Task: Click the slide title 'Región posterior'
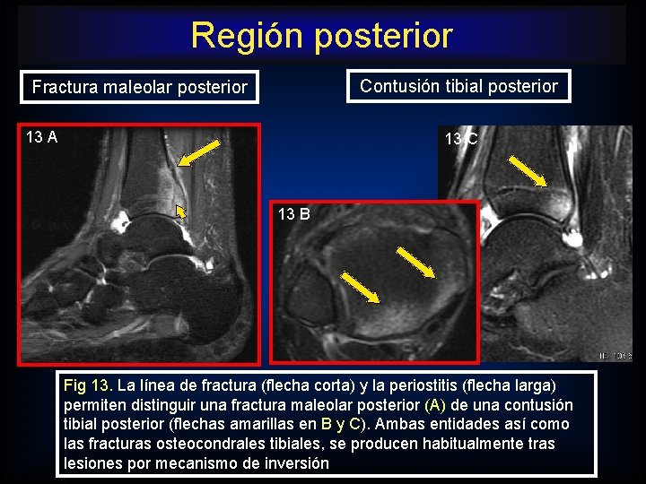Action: tap(321, 36)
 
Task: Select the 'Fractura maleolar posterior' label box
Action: tap(139, 87)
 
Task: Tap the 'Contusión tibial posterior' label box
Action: tap(458, 86)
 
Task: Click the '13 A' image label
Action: tap(42, 137)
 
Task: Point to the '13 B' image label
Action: tap(294, 214)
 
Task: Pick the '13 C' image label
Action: tap(461, 139)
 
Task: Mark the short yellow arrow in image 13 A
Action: tap(179, 212)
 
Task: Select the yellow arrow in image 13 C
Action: tap(528, 171)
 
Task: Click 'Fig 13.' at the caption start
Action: tap(87, 385)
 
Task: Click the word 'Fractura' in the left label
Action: tap(63, 87)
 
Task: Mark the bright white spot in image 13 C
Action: tap(570, 238)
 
